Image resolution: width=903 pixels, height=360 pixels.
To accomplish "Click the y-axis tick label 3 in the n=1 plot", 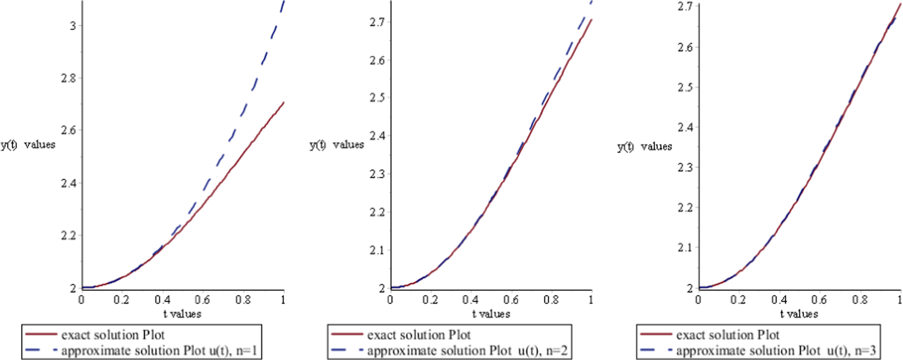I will click(73, 26).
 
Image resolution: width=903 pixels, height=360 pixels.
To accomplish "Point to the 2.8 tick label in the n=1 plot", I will click(68, 78).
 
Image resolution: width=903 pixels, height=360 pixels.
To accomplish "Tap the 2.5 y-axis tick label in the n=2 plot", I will click(377, 98).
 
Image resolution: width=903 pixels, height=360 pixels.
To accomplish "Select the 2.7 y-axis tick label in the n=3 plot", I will click(686, 7).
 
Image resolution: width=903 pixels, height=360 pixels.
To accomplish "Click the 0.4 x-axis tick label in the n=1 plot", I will click(162, 300).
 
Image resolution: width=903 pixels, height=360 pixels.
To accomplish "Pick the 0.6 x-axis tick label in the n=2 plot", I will click(511, 300).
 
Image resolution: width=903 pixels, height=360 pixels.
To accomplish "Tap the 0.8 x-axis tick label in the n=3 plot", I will click(860, 300).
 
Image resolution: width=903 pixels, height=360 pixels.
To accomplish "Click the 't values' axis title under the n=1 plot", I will click(182, 314).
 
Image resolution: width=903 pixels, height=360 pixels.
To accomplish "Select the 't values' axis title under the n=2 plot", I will click(491, 314).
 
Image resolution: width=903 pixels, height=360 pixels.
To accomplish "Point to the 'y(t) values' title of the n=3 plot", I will click(645, 146).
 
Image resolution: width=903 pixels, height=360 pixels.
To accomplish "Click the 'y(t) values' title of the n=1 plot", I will click(28, 145).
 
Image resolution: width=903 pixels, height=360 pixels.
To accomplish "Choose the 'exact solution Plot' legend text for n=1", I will click(113, 335).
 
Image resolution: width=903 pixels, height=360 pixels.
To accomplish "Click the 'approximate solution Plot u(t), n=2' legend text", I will click(467, 350).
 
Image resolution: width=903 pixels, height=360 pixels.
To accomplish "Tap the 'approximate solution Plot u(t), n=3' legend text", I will click(776, 350).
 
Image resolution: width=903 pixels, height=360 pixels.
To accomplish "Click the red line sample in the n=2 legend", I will click(347, 334).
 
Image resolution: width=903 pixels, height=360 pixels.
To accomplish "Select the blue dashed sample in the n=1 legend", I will click(41, 350).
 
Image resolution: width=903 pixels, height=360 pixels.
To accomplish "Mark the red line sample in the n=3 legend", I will click(656, 334).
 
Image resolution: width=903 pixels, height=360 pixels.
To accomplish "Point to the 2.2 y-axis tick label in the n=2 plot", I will click(377, 212).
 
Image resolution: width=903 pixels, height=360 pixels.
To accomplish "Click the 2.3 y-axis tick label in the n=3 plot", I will click(686, 167).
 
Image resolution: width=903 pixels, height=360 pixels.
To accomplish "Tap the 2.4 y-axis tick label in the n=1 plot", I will click(68, 183).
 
